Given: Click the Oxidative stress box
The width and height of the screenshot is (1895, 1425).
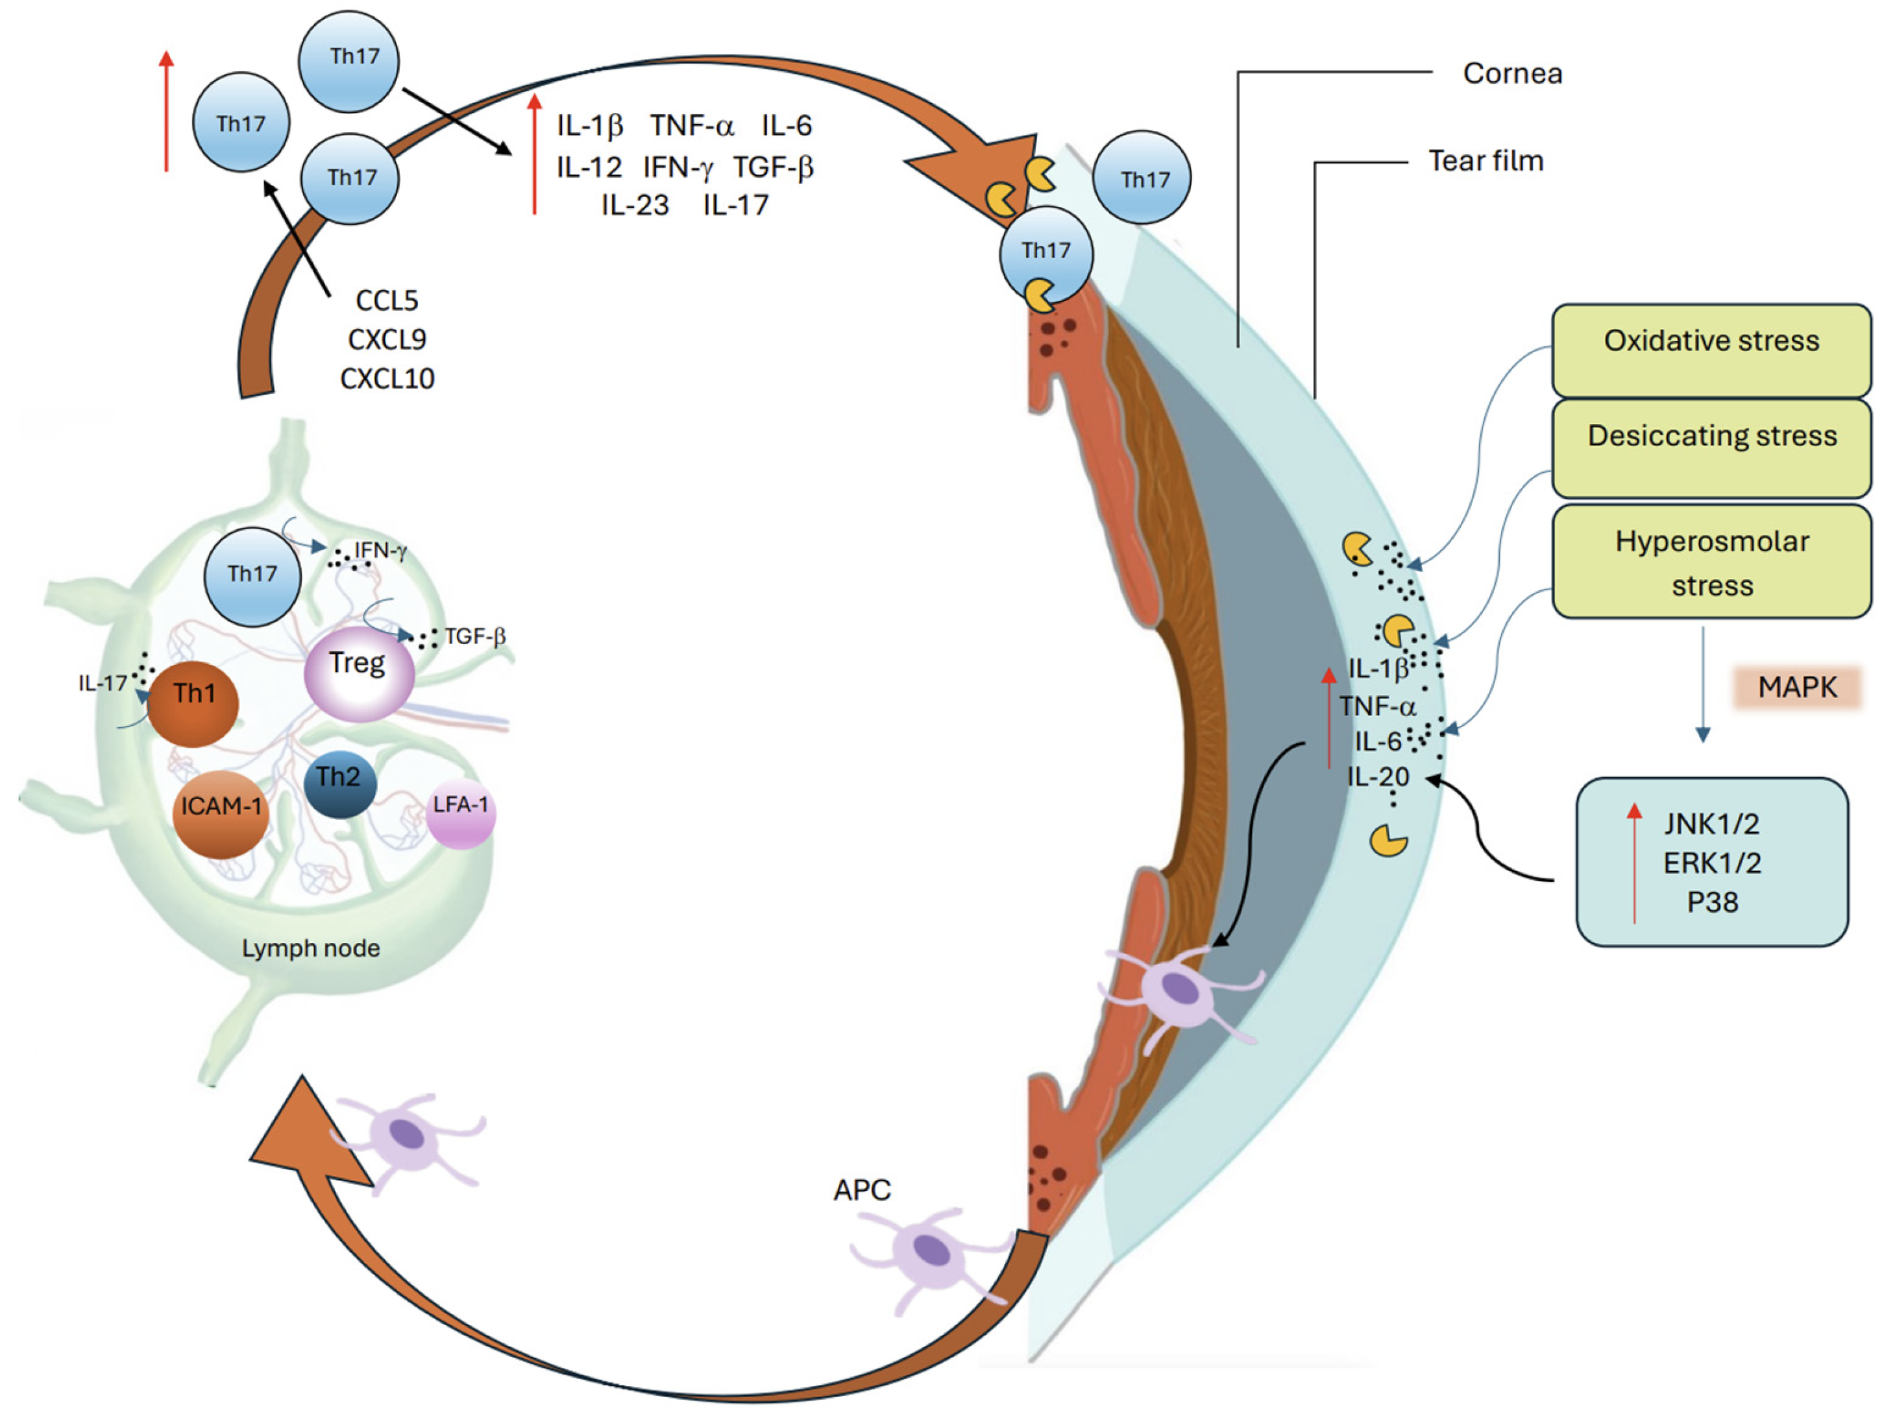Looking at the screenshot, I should point(1710,350).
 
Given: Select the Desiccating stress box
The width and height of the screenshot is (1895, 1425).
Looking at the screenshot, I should point(1710,447).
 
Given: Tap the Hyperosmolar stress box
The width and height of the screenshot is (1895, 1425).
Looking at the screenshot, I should point(1710,562).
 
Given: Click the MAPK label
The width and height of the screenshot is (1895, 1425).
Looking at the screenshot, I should point(1796,687).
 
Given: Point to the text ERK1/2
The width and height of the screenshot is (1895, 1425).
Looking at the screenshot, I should point(1712,863).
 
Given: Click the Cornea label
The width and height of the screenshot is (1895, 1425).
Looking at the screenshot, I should point(1512,74).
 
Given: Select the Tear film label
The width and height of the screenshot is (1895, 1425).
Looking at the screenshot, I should point(1485,161).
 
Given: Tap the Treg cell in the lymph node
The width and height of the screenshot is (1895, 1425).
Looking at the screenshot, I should point(359,672).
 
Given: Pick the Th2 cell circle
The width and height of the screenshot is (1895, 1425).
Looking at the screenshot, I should point(339,783).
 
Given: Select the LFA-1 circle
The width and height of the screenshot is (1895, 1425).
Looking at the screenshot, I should point(461,810).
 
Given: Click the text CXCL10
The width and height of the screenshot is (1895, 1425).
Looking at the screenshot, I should point(387,379).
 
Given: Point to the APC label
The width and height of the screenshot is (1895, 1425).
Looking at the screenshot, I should point(862,1190).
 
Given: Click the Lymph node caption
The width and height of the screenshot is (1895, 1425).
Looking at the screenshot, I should point(310,948).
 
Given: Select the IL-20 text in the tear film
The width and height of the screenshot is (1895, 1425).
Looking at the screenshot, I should point(1378,777).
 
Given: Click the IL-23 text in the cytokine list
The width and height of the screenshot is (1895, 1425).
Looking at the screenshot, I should point(635,206).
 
